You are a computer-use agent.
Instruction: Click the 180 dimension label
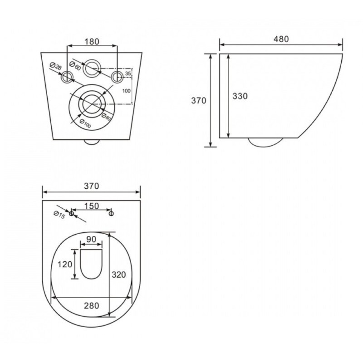pos(92,42)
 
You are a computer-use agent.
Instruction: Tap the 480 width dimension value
pos(281,39)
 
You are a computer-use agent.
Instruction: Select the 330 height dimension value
pos(240,96)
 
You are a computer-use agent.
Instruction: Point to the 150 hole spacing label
pos(92,206)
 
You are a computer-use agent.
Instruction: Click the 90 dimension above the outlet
pos(91,239)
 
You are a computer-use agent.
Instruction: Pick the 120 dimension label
pos(65,264)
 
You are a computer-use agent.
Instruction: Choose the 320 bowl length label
pos(119,275)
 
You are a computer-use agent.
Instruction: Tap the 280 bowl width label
pos(92,305)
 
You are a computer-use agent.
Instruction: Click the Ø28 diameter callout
pos(56,66)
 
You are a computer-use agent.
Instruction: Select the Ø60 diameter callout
pos(75,66)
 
